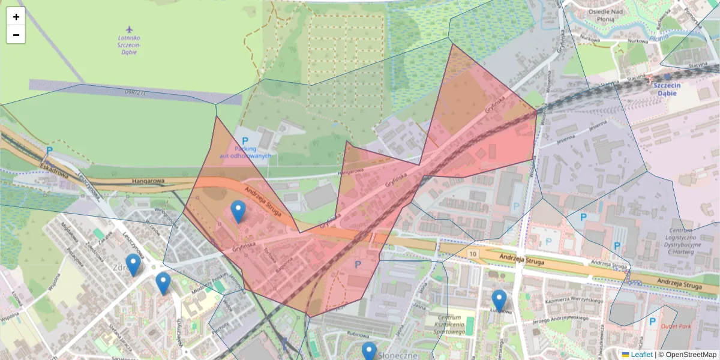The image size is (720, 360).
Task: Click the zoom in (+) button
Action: [x=16, y=17]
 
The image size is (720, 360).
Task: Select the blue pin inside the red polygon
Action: [x=238, y=212]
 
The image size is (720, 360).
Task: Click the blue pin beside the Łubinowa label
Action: [x=499, y=301]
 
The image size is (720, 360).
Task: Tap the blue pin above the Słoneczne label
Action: [x=369, y=352]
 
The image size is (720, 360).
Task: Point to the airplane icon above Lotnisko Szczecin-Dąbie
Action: [x=129, y=29]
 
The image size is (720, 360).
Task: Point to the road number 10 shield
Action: [x=473, y=254]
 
